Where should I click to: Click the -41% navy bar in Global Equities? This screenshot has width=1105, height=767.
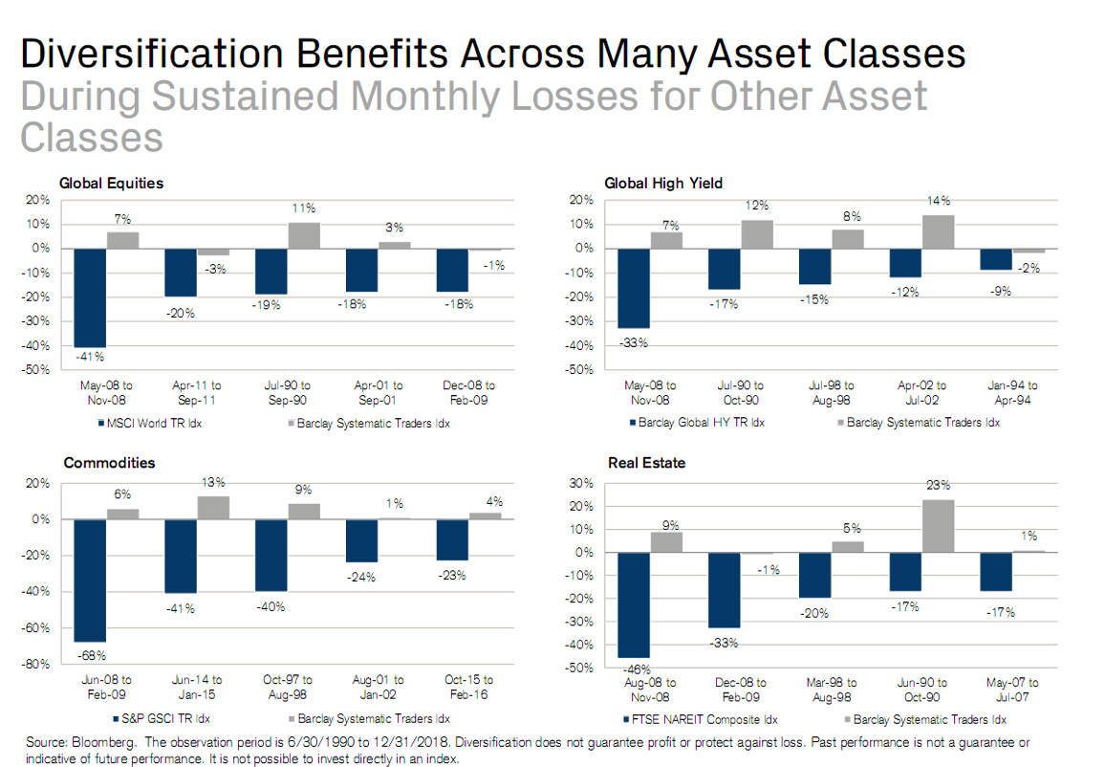pos(90,297)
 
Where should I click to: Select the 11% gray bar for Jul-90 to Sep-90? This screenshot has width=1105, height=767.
pos(304,235)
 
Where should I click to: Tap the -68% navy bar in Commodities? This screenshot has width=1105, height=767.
pos(90,581)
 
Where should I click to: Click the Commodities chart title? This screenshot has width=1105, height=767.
pos(109,463)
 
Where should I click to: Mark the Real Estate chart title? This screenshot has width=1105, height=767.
pos(646,463)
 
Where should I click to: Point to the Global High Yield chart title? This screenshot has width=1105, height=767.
pos(663,183)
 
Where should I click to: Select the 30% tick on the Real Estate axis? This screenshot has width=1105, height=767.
pos(582,483)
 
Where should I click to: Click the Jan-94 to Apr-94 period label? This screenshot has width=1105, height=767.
pos(1013,392)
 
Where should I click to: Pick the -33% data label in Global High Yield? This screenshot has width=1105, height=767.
pos(635,341)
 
